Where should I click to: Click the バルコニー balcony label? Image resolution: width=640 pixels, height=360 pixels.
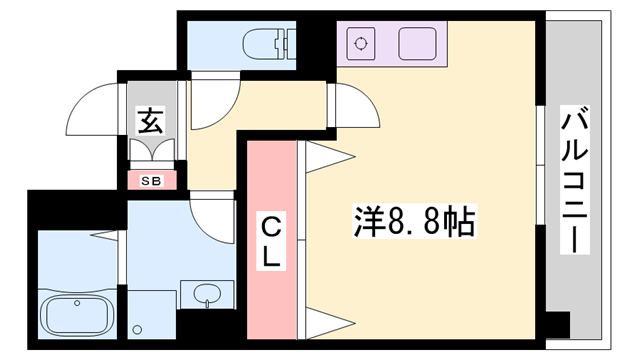[x=574, y=180]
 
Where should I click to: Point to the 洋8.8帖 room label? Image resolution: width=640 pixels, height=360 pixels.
[x=413, y=218]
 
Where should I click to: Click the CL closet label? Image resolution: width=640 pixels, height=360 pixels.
[x=272, y=240]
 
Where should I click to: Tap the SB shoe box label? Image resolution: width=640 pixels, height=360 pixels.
[x=152, y=181]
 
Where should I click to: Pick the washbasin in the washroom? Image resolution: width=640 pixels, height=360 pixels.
[x=208, y=295]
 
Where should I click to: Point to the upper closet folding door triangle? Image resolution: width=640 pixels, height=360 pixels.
[x=328, y=155]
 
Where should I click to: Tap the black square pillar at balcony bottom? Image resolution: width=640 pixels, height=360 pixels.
[x=557, y=326]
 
